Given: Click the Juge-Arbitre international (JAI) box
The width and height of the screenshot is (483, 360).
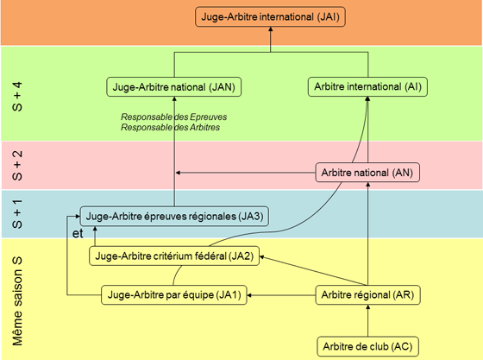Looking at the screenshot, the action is [x=270, y=16].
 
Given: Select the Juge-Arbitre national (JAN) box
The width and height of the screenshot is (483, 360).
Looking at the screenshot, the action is [x=173, y=87].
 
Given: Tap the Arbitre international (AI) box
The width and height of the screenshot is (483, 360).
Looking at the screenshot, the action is [x=367, y=86].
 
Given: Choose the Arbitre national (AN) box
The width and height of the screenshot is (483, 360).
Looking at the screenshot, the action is [x=367, y=173].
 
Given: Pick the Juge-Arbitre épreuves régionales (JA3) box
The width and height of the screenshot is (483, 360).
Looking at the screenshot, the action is [x=174, y=216].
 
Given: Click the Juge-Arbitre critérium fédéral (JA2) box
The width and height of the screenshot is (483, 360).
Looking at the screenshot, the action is [x=174, y=256].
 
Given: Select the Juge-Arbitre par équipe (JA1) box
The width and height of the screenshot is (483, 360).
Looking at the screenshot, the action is [x=174, y=295].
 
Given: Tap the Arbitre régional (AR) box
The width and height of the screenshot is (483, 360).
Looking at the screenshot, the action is [x=367, y=295].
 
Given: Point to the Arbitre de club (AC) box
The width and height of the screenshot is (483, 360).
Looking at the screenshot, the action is [x=367, y=346].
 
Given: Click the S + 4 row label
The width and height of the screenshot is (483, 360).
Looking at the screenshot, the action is [x=17, y=97].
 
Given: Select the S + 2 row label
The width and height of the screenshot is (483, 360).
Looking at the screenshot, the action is [x=17, y=165].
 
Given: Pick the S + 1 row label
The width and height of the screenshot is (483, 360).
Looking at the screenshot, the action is [x=17, y=214].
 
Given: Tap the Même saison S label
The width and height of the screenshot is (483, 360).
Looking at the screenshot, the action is [x=17, y=301].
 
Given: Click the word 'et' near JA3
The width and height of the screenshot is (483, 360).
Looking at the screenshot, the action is [x=78, y=233].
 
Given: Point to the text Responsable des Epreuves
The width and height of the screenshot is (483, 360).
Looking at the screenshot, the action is [x=173, y=117].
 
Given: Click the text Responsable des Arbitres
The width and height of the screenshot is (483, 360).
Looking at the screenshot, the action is [x=171, y=127].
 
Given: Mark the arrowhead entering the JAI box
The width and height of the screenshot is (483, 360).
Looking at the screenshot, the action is [x=271, y=29].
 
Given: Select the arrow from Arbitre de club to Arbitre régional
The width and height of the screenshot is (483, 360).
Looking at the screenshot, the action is [x=367, y=320].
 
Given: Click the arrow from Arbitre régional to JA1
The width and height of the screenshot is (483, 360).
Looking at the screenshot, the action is [x=281, y=295].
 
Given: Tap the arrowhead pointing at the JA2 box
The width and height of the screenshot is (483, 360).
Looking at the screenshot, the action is [x=262, y=257].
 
